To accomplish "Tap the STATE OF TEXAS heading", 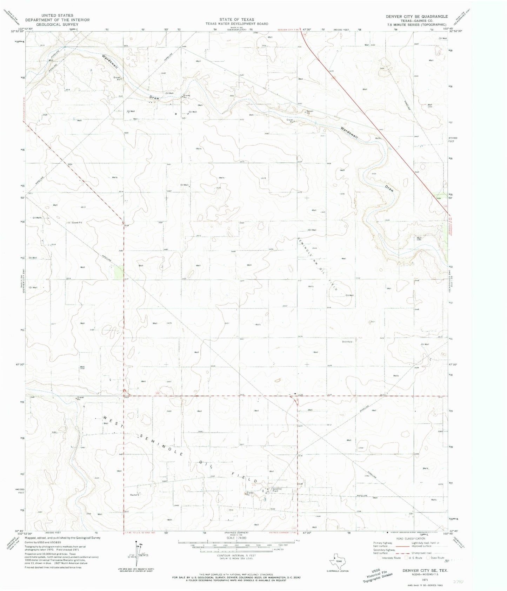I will point(236,19).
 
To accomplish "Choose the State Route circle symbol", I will point(428,558).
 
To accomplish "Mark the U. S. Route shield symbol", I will point(406,558).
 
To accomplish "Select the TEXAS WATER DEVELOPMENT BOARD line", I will point(236,24).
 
